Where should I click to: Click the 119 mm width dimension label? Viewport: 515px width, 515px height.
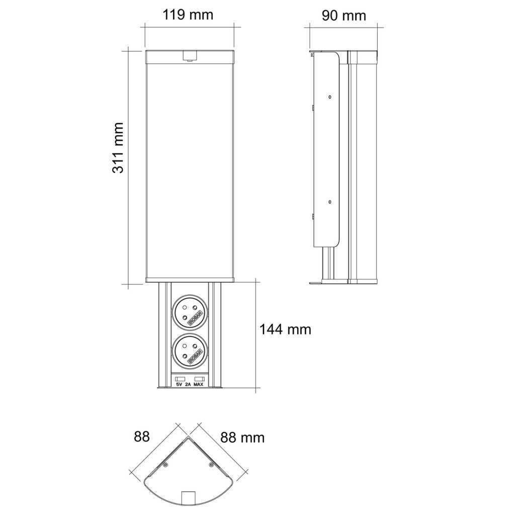[188, 15]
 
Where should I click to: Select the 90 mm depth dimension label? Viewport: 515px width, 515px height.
[344, 16]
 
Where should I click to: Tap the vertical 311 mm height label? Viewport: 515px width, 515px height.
[118, 147]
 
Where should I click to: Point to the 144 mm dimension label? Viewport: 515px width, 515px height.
[285, 329]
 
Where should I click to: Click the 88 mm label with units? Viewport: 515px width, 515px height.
[242, 438]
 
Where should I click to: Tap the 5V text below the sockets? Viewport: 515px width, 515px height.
[179, 385]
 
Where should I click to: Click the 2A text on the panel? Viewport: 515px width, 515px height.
[188, 385]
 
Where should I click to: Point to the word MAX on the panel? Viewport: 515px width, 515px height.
[199, 385]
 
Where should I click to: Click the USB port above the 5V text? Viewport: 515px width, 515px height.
[180, 378]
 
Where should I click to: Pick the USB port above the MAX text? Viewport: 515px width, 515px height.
[199, 378]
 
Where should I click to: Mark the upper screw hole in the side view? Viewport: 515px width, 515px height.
[329, 97]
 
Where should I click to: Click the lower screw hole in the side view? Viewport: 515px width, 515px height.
[329, 202]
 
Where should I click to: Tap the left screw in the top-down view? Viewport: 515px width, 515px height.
[165, 466]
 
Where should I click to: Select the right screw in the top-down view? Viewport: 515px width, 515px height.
[211, 466]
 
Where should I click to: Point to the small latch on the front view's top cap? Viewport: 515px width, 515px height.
[189, 56]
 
